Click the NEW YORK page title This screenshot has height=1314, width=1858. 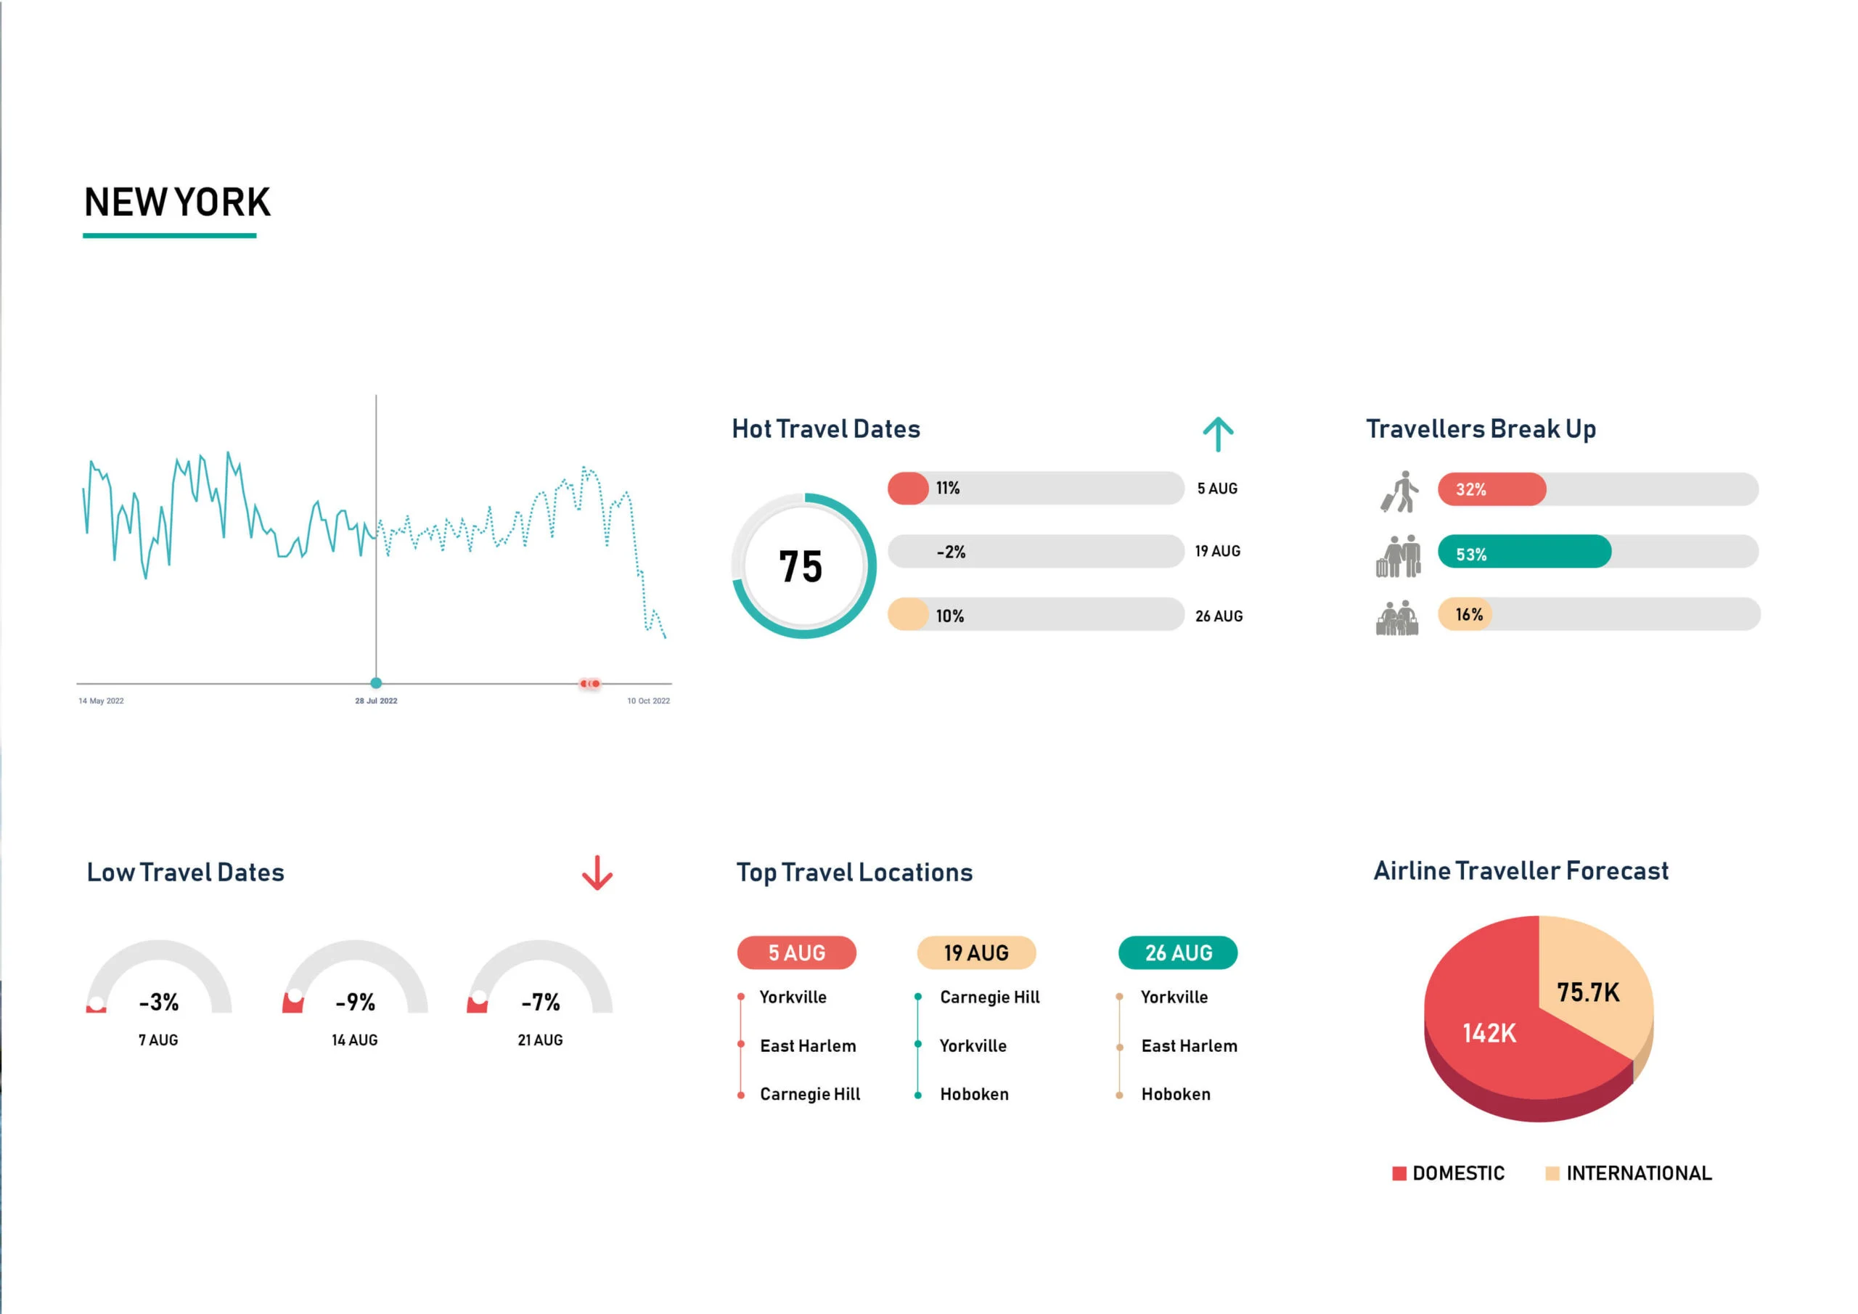(x=177, y=203)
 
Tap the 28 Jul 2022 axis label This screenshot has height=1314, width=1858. (x=376, y=701)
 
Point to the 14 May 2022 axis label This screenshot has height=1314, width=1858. (x=101, y=701)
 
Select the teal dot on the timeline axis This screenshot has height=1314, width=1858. (x=376, y=683)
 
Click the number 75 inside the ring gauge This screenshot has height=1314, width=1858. (x=801, y=567)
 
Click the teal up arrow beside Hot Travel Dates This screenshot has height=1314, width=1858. (x=1218, y=434)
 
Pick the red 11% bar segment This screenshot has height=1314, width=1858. (x=907, y=488)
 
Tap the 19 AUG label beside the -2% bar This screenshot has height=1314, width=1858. (x=1218, y=551)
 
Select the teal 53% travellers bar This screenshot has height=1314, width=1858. (x=1524, y=552)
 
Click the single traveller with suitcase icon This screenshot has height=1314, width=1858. (x=1400, y=491)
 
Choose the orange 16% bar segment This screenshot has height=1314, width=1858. (x=1465, y=614)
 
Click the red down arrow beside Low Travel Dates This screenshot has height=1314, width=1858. (x=597, y=873)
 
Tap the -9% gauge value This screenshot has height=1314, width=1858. (x=355, y=1003)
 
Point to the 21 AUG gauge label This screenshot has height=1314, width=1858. (x=540, y=1040)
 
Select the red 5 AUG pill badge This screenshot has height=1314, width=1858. (x=796, y=953)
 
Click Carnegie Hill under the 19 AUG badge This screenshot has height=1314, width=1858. (x=989, y=997)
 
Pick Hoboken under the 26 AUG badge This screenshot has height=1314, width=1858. (x=1175, y=1095)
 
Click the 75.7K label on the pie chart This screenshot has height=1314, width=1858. (x=1588, y=992)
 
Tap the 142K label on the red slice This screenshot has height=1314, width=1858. (x=1489, y=1033)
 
